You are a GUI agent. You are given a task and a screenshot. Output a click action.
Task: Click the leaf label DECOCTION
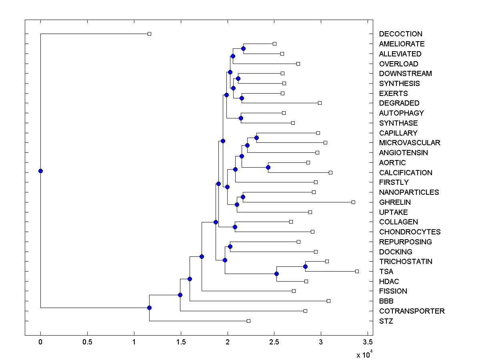tap(400, 34)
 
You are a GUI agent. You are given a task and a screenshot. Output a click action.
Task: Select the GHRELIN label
tap(395, 202)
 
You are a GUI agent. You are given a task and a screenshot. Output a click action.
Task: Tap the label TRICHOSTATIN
tap(406, 262)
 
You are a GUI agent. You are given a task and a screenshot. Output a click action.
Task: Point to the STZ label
tap(386, 321)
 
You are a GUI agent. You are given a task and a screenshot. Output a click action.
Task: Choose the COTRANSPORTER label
tap(412, 311)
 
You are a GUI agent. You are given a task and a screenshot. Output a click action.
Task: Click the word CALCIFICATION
tap(406, 173)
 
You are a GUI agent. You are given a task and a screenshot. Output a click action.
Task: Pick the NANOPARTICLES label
tap(409, 192)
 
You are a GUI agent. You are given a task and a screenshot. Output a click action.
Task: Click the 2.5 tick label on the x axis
tap(274, 342)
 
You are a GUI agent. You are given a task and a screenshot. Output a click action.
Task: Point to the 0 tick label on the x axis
tap(40, 342)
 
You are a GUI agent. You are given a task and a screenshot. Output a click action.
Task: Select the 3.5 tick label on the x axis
tap(368, 342)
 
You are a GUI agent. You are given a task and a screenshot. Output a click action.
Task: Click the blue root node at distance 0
tap(40, 171)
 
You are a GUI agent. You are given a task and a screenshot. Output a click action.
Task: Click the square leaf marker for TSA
tap(357, 271)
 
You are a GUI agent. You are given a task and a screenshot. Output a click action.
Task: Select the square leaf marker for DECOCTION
tap(149, 34)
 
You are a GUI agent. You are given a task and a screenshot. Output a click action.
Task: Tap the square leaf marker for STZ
tap(248, 321)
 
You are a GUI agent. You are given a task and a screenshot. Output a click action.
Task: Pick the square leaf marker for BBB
tap(328, 301)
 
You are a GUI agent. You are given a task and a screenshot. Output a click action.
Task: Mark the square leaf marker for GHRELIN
tap(353, 202)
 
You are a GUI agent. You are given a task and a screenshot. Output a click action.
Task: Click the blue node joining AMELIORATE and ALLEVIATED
tap(243, 48)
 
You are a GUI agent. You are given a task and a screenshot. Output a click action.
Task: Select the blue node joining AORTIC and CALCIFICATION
tap(268, 167)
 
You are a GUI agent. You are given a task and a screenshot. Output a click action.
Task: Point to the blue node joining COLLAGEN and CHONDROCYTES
tap(235, 227)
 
